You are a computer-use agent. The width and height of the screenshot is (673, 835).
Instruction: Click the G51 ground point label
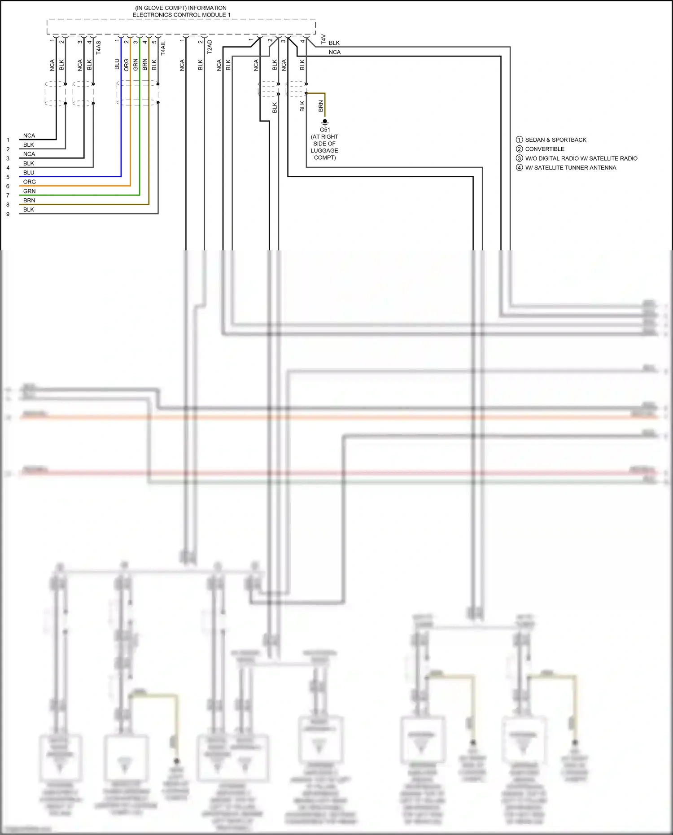pos(324,130)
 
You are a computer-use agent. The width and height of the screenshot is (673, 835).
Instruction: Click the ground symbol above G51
pos(324,122)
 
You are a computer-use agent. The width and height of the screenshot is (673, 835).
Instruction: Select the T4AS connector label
pos(99,48)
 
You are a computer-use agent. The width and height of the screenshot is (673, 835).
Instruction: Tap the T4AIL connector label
pos(163,48)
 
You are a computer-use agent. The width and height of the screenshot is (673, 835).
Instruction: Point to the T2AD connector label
pos(210,47)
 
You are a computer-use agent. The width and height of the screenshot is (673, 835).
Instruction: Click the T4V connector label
pos(323,39)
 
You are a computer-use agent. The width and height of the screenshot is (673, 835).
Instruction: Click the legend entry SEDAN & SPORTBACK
pos(555,140)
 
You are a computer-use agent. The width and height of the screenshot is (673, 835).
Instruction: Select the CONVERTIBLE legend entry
pos(545,149)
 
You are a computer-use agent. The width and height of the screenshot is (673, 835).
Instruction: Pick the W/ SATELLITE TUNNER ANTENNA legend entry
pos(570,168)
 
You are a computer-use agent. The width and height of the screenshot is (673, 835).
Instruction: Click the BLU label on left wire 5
pos(29,173)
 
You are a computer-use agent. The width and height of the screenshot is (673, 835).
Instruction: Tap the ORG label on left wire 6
pos(30,182)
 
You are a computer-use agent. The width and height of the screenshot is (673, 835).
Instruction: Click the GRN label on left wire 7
pos(29,191)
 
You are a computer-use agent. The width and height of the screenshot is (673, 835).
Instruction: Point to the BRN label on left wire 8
pos(29,201)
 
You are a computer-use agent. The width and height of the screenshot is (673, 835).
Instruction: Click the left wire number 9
pos(8,214)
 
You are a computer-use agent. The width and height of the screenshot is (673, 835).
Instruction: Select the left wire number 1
pos(8,140)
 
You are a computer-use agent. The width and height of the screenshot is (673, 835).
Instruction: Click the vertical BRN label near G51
pos(321,106)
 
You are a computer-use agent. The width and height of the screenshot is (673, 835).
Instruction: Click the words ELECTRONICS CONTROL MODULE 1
pos(181,15)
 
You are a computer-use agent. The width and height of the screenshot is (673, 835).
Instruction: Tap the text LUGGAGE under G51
pos(324,151)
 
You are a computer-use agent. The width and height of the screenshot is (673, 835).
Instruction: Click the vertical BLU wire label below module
pos(117,64)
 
